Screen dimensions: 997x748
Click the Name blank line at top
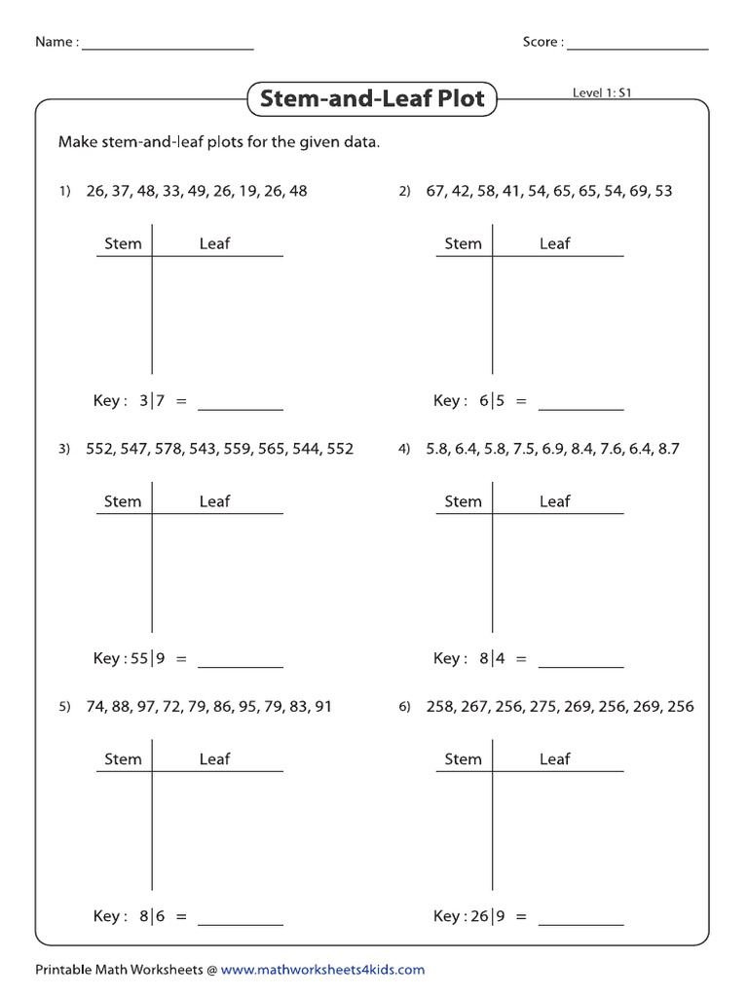[168, 48]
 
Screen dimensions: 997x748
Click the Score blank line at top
[637, 48]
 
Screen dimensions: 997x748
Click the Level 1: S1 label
[604, 93]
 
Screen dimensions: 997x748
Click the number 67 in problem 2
[435, 191]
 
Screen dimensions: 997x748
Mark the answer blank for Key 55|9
[241, 665]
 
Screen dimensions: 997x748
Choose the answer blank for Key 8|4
[580, 665]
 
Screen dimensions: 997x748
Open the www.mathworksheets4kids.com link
[322, 970]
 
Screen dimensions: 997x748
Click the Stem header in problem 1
[123, 243]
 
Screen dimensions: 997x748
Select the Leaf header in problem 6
[554, 759]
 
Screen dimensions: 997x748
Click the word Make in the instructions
[77, 142]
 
